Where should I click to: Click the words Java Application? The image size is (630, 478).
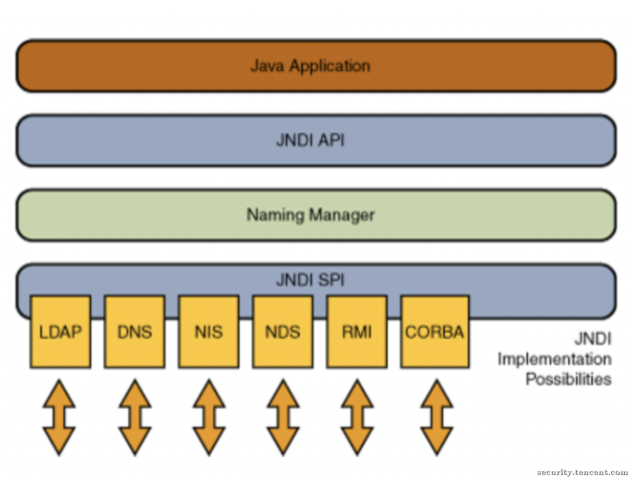click(310, 66)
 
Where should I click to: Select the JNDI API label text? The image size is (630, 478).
click(310, 140)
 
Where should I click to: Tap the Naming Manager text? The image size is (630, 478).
click(310, 215)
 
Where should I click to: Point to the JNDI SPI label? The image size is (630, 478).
click(310, 280)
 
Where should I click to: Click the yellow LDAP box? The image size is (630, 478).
click(61, 332)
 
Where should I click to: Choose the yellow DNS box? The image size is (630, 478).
click(134, 332)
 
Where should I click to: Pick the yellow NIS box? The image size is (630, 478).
click(209, 332)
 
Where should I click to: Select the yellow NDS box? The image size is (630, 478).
click(283, 332)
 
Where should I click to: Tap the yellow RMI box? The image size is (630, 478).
click(357, 332)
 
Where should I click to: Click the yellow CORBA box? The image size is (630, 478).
click(435, 332)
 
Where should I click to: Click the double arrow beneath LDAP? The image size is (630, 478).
click(59, 417)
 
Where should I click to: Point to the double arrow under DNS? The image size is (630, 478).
click(135, 417)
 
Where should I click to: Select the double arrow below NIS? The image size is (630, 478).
click(209, 417)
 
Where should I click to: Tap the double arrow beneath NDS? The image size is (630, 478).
click(283, 417)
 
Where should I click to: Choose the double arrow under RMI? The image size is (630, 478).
click(358, 417)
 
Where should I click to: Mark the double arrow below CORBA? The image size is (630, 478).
click(437, 417)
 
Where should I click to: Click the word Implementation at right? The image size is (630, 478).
click(555, 360)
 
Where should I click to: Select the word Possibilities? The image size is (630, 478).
click(569, 379)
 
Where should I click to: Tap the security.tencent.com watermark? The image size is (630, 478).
click(582, 472)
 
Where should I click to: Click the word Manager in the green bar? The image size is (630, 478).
click(342, 216)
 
